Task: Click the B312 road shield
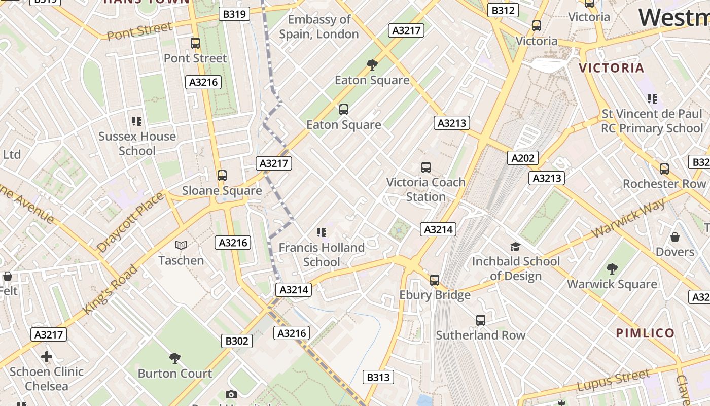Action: click(x=503, y=10)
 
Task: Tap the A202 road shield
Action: click(x=523, y=158)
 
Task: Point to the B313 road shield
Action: click(x=378, y=377)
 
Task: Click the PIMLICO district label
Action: click(x=645, y=333)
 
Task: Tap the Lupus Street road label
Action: click(x=613, y=381)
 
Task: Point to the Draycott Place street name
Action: click(x=131, y=221)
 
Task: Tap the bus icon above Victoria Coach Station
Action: click(x=426, y=167)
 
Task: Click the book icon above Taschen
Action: click(x=181, y=246)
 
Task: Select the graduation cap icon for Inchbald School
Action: click(x=516, y=247)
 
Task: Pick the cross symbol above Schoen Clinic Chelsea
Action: click(x=47, y=357)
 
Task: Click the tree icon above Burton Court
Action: click(x=175, y=358)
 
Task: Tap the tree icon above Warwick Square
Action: click(x=612, y=269)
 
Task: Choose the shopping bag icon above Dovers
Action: click(x=675, y=237)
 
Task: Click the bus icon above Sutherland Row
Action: click(x=481, y=320)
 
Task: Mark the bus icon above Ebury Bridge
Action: click(x=435, y=280)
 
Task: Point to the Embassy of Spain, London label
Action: click(x=319, y=27)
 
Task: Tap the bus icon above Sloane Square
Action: click(x=222, y=176)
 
